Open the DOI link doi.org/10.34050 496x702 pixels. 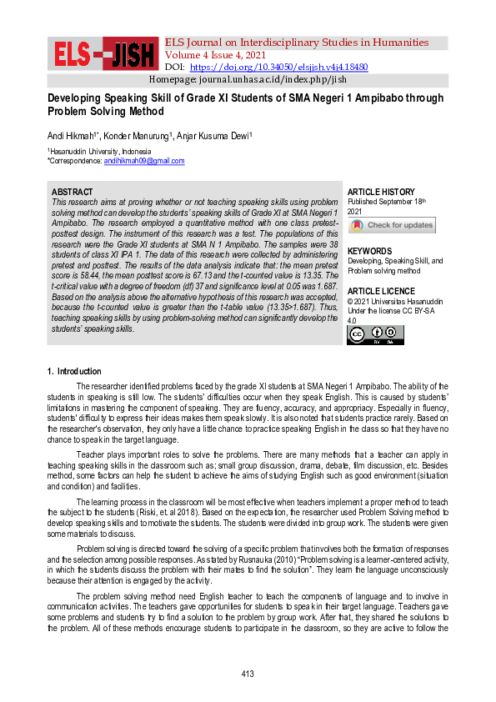[x=278, y=67]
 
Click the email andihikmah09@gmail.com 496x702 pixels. [x=149, y=161]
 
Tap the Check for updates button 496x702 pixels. [x=391, y=225]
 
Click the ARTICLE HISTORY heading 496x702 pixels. [x=380, y=192]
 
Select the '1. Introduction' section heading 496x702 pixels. [x=74, y=371]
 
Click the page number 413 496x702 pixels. [x=247, y=674]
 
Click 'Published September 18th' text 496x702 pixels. [x=386, y=202]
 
